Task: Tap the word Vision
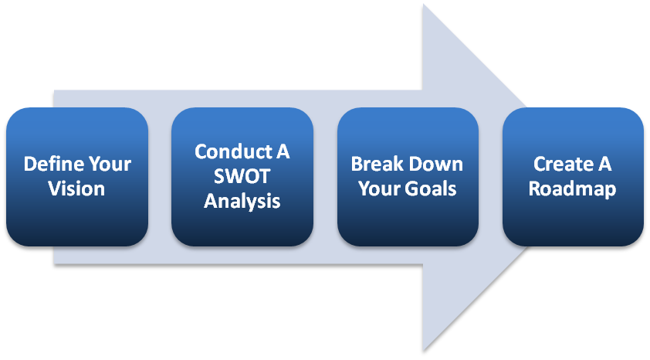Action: pyautogui.click(x=76, y=188)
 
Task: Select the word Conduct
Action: pyautogui.click(x=229, y=151)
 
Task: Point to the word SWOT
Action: pyautogui.click(x=242, y=176)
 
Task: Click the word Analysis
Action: pyautogui.click(x=242, y=202)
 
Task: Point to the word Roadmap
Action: pyautogui.click(x=572, y=188)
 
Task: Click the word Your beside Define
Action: pyautogui.click(x=107, y=165)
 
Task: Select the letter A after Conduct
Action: pyautogui.click(x=283, y=151)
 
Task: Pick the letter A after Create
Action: pyautogui.click(x=605, y=165)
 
